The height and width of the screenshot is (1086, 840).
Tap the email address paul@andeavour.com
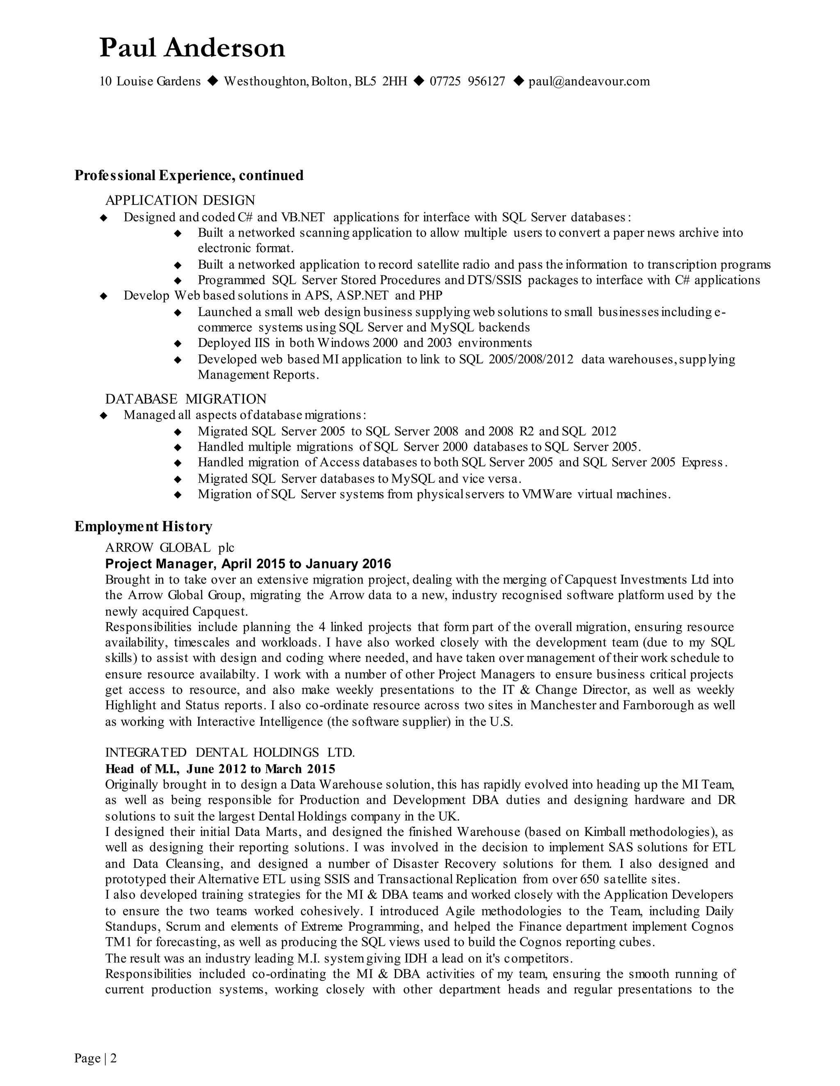point(589,82)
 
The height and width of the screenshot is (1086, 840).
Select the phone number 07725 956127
point(467,82)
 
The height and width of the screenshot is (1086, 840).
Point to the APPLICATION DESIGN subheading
point(180,200)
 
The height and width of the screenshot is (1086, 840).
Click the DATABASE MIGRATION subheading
point(186,399)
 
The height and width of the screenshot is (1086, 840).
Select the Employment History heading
point(143,526)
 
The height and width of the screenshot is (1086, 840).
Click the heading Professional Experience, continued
point(189,175)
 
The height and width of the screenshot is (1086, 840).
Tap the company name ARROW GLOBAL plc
point(170,548)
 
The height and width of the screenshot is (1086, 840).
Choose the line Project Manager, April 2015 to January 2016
point(248,564)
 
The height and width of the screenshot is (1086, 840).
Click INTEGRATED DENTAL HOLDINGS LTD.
point(230,752)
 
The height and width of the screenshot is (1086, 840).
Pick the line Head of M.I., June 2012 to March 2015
point(220,769)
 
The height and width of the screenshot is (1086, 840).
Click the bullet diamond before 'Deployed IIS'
point(178,343)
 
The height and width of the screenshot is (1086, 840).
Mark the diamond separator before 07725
point(419,81)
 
